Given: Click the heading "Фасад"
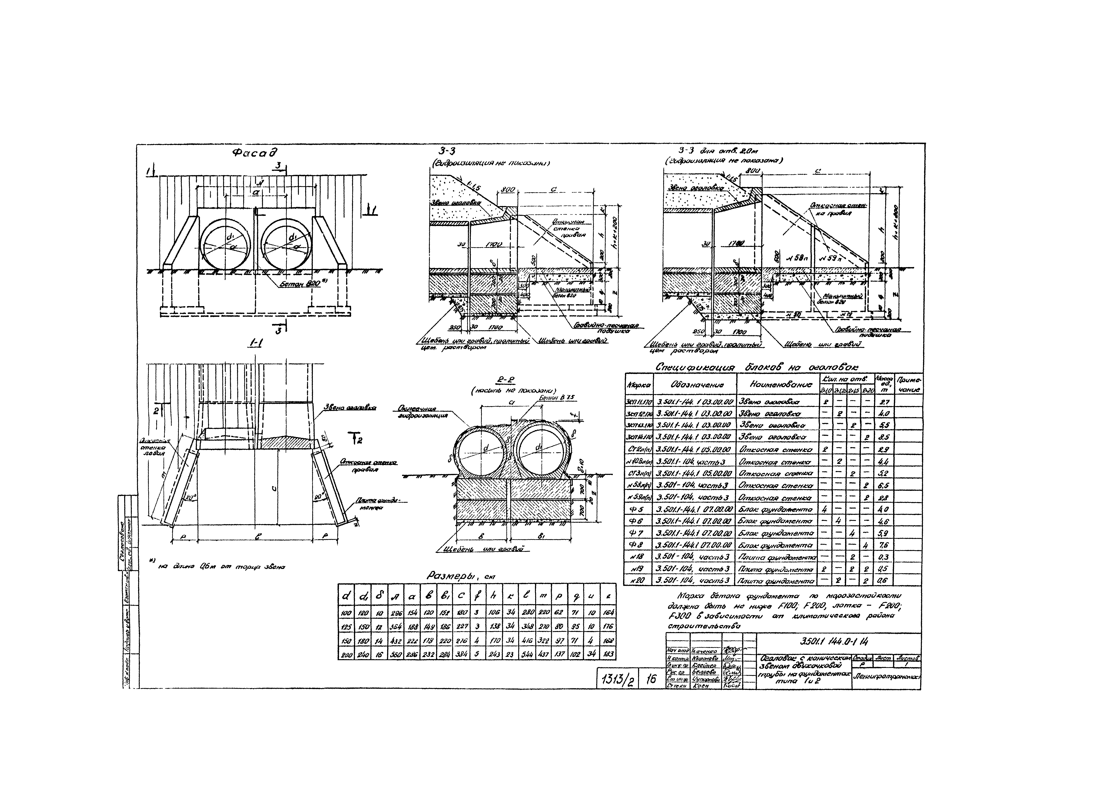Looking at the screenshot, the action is [255, 153].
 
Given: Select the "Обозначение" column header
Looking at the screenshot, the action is [694, 384].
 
